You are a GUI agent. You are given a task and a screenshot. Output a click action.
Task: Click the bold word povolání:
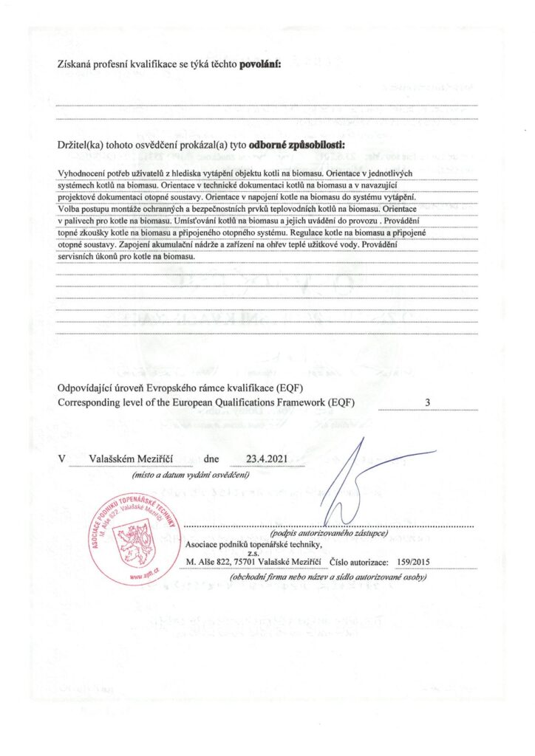(x=260, y=65)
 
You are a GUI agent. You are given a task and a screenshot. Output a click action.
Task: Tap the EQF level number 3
(x=428, y=402)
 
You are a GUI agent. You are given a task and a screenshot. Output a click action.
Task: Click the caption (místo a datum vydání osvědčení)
(x=191, y=475)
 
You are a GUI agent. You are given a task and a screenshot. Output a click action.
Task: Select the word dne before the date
(x=213, y=458)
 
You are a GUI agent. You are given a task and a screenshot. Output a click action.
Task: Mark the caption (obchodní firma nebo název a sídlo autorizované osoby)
(x=329, y=577)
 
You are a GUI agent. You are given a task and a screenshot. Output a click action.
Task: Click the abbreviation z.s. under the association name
(x=252, y=552)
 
